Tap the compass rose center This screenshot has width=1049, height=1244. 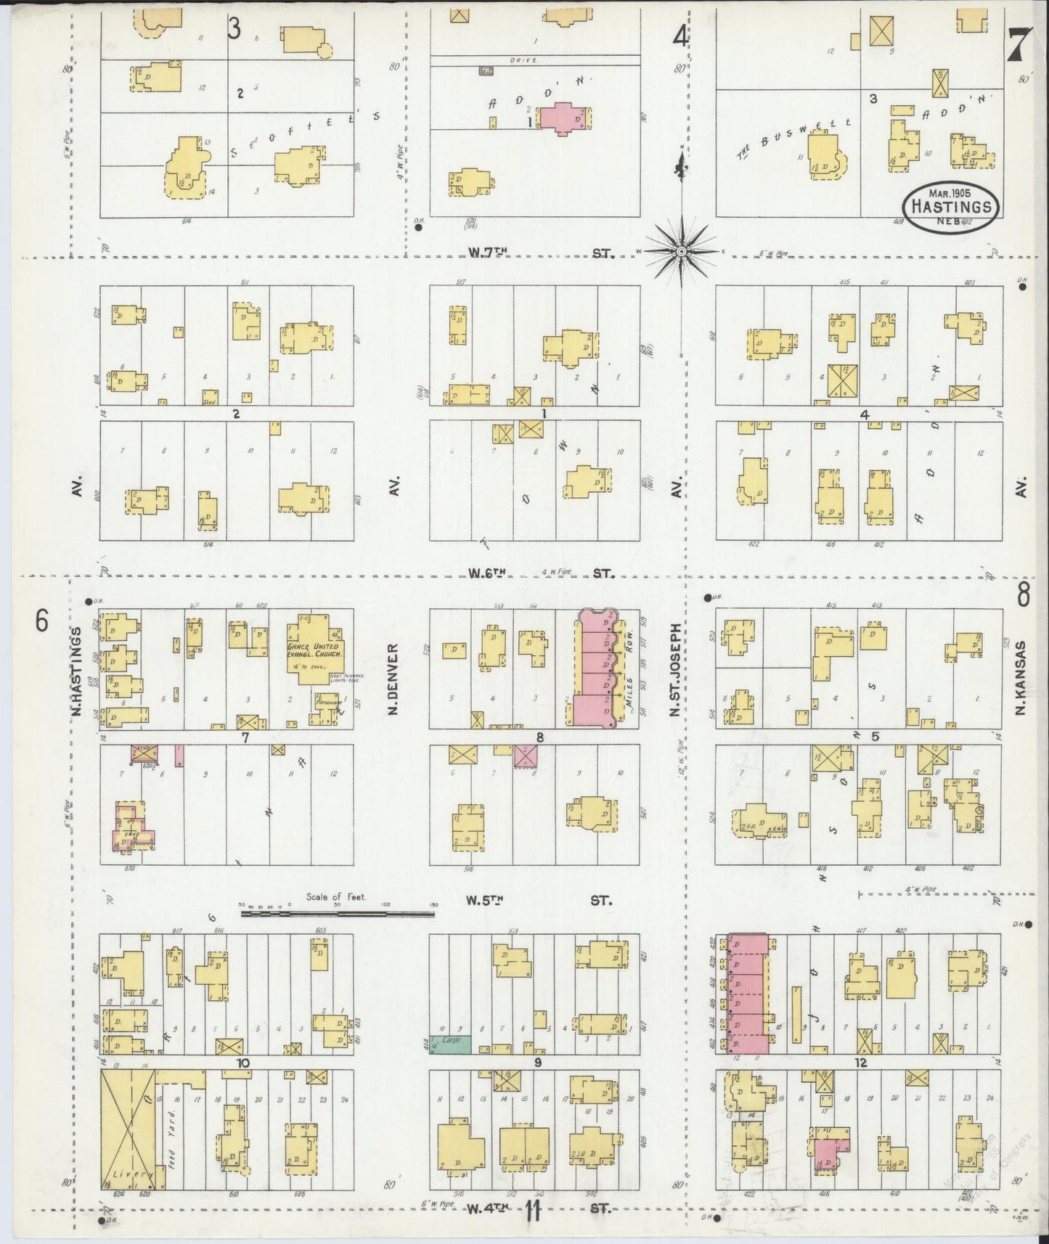point(682,251)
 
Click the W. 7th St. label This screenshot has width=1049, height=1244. point(540,253)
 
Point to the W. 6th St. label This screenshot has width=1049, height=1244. point(540,573)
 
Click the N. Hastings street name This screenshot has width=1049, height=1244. point(75,672)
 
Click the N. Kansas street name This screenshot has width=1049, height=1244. point(1021,676)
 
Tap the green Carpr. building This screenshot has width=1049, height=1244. point(450,1044)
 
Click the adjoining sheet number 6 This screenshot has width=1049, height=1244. point(42,621)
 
